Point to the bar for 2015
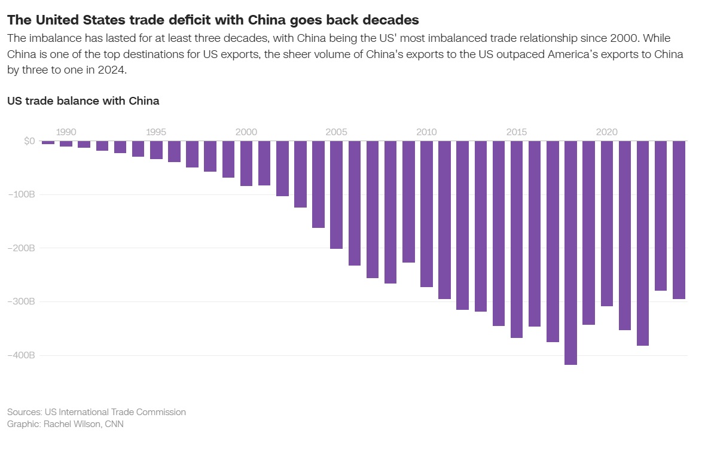pyautogui.click(x=517, y=239)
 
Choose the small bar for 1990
pyautogui.click(x=66, y=144)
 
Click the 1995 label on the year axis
pyautogui.click(x=156, y=132)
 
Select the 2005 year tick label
pyautogui.click(x=336, y=132)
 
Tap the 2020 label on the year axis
pyautogui.click(x=606, y=132)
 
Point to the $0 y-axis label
pyautogui.click(x=29, y=141)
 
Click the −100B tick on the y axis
pyautogui.click(x=22, y=194)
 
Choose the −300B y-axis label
pyautogui.click(x=22, y=301)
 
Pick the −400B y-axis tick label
pyautogui.click(x=22, y=355)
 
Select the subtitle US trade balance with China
pyautogui.click(x=83, y=100)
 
